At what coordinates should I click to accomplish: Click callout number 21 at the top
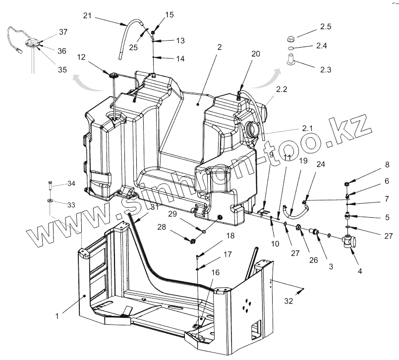(x=87, y=16)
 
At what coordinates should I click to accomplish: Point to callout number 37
(x=63, y=32)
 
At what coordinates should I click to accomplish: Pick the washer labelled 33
(x=50, y=200)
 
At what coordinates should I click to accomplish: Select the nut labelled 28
(x=191, y=241)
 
